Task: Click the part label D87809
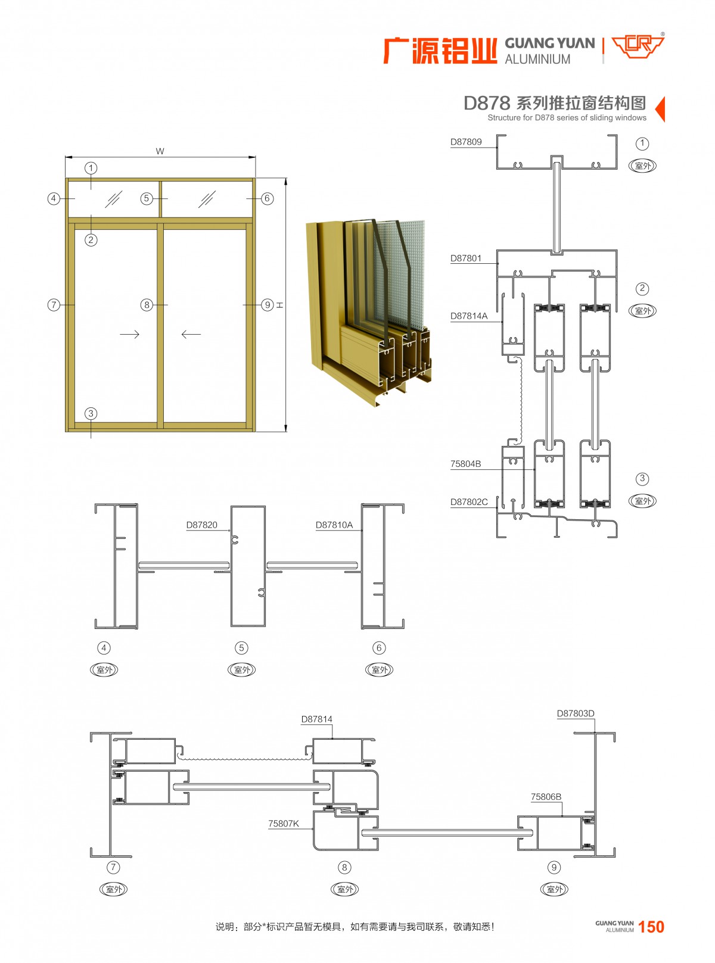[466, 142]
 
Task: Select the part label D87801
[466, 258]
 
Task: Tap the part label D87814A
[469, 316]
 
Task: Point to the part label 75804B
[465, 464]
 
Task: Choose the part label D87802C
[469, 502]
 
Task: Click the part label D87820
[201, 525]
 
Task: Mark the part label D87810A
[334, 525]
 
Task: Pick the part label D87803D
[575, 713]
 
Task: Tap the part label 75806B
[546, 797]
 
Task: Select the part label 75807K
[283, 824]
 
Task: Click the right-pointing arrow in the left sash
[129, 334]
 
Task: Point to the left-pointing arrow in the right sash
[191, 334]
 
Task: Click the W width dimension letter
[160, 151]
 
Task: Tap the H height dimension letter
[279, 306]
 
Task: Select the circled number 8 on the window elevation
[147, 305]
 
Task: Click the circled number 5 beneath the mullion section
[241, 648]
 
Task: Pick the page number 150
[651, 927]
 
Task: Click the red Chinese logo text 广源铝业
[440, 51]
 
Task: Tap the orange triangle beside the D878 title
[660, 109]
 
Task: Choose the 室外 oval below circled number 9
[554, 889]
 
